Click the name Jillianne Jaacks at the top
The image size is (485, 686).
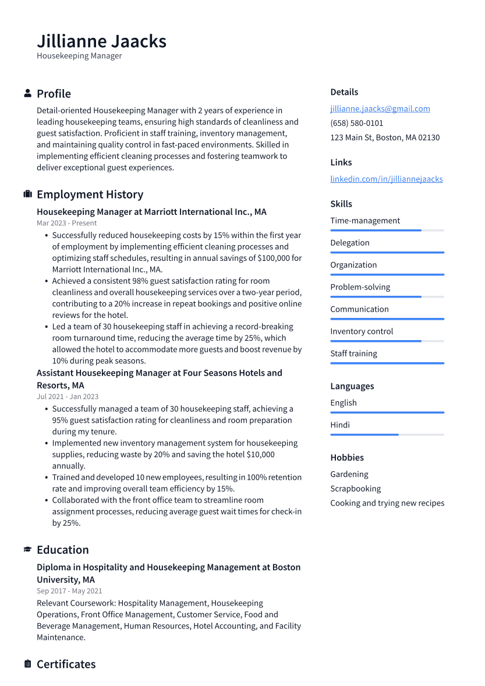(x=101, y=41)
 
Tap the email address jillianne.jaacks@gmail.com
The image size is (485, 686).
(x=380, y=108)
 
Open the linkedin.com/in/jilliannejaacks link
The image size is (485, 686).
(x=386, y=179)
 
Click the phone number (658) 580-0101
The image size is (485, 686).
(x=356, y=123)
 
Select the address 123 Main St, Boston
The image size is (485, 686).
(x=385, y=137)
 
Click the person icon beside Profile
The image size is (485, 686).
(x=27, y=94)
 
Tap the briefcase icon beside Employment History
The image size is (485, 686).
(x=27, y=195)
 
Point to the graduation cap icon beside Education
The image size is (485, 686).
(x=27, y=550)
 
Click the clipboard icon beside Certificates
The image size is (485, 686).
(x=27, y=664)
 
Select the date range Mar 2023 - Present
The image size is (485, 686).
(x=66, y=223)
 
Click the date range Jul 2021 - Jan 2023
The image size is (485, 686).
(x=68, y=397)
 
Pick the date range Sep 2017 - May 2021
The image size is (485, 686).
(x=69, y=591)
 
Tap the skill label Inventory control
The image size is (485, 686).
(x=362, y=331)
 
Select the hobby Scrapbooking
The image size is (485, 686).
(x=355, y=489)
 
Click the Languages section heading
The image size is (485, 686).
(x=352, y=386)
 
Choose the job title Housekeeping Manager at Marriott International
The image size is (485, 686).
(x=151, y=212)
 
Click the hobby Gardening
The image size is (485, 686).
(x=349, y=474)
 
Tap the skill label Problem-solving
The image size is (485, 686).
(x=360, y=287)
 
